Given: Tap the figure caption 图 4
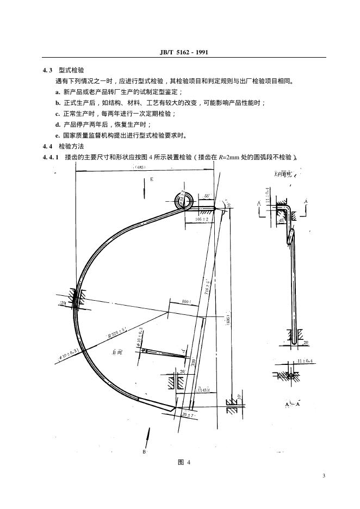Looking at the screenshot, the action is coord(184,462).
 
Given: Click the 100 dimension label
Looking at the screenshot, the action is coord(185,301).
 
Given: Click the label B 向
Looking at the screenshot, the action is coord(117,353).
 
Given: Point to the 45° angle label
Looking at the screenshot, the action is coord(281,221).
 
